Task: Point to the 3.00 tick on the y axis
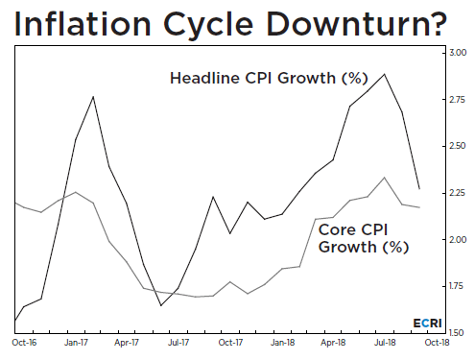(x=459, y=52)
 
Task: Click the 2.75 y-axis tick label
(x=459, y=99)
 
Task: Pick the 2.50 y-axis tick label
(x=459, y=146)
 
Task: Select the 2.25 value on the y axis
(x=459, y=193)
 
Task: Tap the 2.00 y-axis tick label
(x=459, y=239)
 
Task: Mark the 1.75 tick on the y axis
(x=459, y=286)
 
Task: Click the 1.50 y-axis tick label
(x=459, y=332)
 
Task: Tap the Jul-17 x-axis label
(x=178, y=341)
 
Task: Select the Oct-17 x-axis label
(x=229, y=341)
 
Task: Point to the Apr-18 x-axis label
(x=332, y=341)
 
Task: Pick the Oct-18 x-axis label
(x=435, y=341)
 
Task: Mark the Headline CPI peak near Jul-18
(x=385, y=74)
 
